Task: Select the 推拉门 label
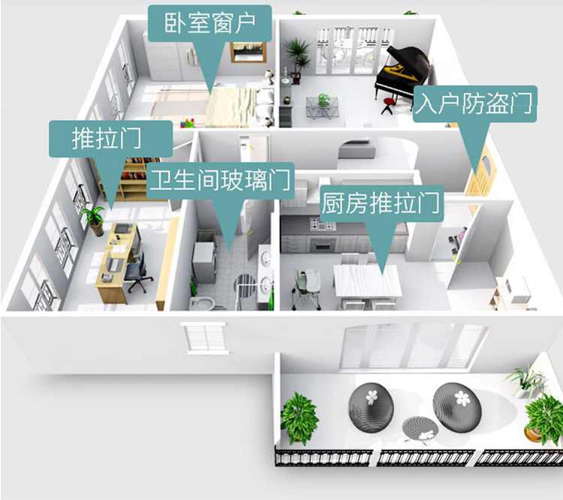(106, 139)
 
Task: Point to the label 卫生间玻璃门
(220, 181)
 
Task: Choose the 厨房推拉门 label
(381, 203)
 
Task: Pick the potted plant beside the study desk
(93, 220)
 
